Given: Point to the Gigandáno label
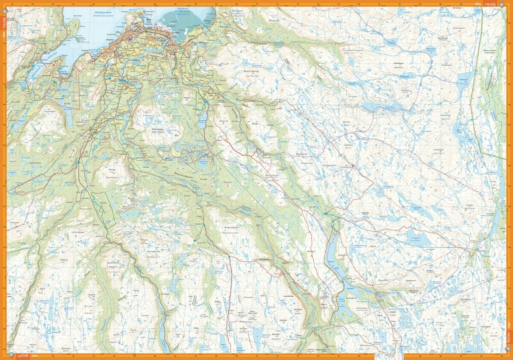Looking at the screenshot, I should click(230, 228).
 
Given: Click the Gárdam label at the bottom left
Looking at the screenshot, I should click(65, 348).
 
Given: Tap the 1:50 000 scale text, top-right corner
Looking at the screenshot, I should click(490, 4).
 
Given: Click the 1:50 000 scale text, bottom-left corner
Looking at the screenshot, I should click(22, 356).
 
